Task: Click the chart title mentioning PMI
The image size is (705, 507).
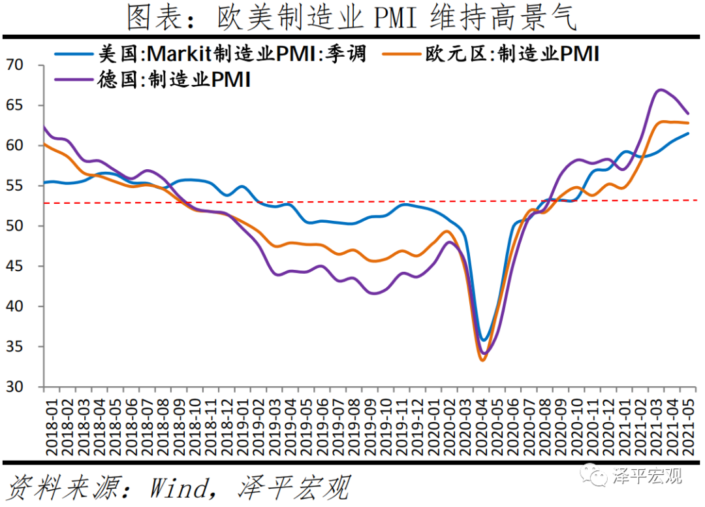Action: tap(352, 18)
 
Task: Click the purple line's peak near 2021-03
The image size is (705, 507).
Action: tap(661, 90)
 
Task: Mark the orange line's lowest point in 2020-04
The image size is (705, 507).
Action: tap(483, 360)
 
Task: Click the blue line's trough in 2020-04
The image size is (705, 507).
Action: tap(484, 340)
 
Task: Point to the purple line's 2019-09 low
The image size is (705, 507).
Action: tap(373, 293)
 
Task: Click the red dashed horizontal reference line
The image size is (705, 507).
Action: tap(326, 202)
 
